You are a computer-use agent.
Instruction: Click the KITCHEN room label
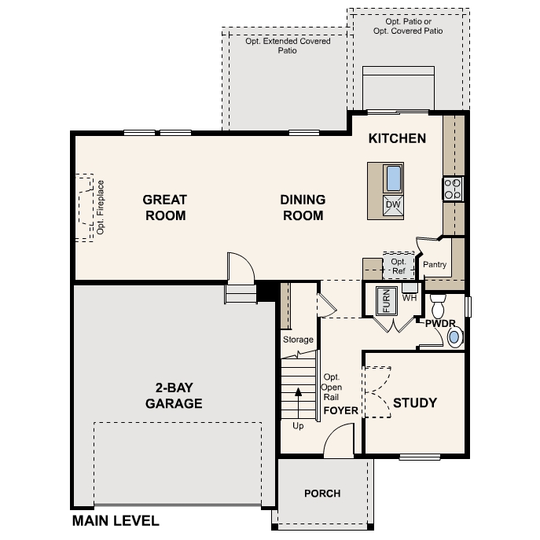click(x=398, y=138)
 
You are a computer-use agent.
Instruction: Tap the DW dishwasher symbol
click(x=393, y=205)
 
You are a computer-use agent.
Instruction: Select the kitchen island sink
click(x=393, y=178)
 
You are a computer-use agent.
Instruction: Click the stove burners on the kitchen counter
click(x=453, y=188)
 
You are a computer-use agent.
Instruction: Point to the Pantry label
click(x=435, y=265)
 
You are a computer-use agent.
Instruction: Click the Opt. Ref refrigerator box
click(x=399, y=266)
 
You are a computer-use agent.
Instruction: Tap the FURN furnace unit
click(x=386, y=300)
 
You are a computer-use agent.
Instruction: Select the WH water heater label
click(x=409, y=298)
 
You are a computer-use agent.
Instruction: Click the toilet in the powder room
click(x=439, y=304)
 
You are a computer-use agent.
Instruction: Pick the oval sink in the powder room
click(x=454, y=338)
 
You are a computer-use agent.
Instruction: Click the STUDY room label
click(x=415, y=403)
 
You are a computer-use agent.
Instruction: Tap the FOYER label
click(x=340, y=410)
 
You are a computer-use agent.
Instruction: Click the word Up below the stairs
click(x=298, y=426)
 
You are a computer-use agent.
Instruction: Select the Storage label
click(x=298, y=340)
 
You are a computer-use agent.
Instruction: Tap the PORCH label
click(x=323, y=494)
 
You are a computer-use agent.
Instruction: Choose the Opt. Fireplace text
click(x=101, y=208)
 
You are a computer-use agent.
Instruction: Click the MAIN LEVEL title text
click(x=116, y=520)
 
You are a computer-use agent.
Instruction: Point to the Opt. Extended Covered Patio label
click(x=287, y=46)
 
